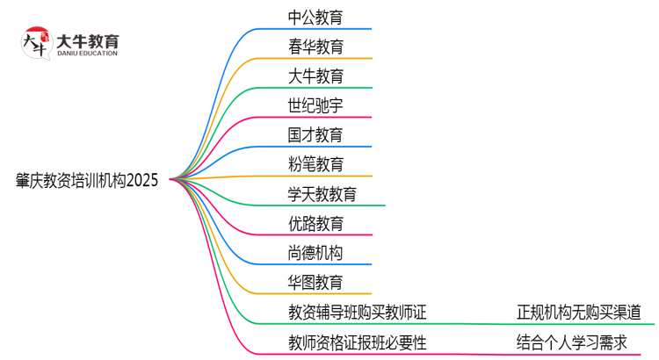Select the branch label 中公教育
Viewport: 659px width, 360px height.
pyautogui.click(x=315, y=16)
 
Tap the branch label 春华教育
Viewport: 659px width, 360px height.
pyautogui.click(x=315, y=46)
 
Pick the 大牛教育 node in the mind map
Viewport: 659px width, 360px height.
pyautogui.click(x=315, y=76)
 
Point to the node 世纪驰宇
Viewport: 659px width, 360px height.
pyautogui.click(x=315, y=105)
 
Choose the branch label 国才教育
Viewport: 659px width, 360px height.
pyautogui.click(x=315, y=134)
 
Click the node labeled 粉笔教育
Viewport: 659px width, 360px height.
pyautogui.click(x=315, y=164)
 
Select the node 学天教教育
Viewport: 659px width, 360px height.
pyautogui.click(x=322, y=194)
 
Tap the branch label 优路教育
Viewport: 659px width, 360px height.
pyautogui.click(x=315, y=224)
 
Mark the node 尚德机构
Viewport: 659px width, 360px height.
pyautogui.click(x=315, y=254)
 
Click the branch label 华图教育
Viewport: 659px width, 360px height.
pyautogui.click(x=315, y=283)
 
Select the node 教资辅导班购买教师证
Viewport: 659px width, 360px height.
pyautogui.click(x=357, y=313)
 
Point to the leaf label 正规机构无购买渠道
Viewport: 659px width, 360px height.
pyautogui.click(x=579, y=313)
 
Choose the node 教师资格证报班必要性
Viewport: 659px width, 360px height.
pyautogui.click(x=357, y=342)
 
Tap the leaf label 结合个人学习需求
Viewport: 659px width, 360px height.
pyautogui.click(x=572, y=342)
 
